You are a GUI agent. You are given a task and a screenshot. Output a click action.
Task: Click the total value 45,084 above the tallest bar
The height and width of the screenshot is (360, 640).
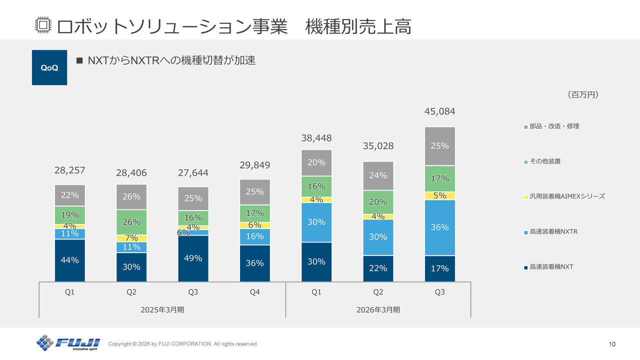pyautogui.click(x=439, y=111)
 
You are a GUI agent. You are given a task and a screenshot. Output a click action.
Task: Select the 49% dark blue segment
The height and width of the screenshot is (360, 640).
pyautogui.click(x=193, y=258)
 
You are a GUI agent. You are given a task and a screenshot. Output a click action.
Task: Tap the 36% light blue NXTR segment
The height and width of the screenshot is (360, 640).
pyautogui.click(x=439, y=227)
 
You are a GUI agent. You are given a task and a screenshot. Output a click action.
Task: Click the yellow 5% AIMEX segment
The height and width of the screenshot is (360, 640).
pyautogui.click(x=439, y=195)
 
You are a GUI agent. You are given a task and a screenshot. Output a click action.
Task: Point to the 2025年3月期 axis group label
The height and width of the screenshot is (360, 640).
pyautogui.click(x=162, y=309)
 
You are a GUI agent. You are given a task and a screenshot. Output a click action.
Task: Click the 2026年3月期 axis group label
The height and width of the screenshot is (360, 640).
pyautogui.click(x=378, y=309)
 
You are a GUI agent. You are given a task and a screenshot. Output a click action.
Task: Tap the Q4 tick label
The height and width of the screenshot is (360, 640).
pyautogui.click(x=254, y=292)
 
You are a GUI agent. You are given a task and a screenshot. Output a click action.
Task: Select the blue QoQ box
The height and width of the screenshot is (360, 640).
pyautogui.click(x=49, y=67)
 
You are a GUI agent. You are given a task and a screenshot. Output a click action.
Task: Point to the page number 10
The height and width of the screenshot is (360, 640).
pyautogui.click(x=612, y=344)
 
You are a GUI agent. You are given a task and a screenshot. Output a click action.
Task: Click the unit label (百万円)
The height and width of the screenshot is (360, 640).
pyautogui.click(x=583, y=94)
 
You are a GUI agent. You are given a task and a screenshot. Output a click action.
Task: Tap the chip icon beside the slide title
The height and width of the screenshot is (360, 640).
pyautogui.click(x=43, y=25)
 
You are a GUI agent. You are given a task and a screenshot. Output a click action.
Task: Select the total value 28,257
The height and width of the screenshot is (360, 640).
pyautogui.click(x=69, y=170)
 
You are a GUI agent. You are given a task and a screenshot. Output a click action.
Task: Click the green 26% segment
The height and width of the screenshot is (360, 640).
pyautogui.click(x=131, y=222)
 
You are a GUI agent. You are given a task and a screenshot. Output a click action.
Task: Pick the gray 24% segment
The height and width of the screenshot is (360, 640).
pyautogui.click(x=378, y=175)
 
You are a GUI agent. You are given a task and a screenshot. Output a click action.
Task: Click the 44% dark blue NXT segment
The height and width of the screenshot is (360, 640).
pyautogui.click(x=69, y=260)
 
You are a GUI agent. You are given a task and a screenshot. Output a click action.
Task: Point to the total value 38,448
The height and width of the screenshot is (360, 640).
pyautogui.click(x=316, y=138)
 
